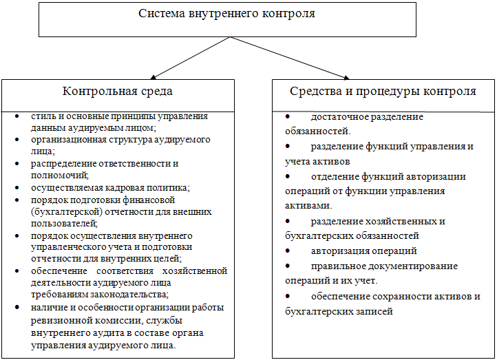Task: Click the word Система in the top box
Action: pyautogui.click(x=160, y=13)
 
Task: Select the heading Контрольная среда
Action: pyautogui.click(x=118, y=91)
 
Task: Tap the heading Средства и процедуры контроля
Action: pyautogui.click(x=383, y=91)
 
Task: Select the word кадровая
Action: pyautogui.click(x=121, y=187)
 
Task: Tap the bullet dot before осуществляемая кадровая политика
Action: pyautogui.click(x=17, y=188)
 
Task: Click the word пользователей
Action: pyautogui.click(x=65, y=224)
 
